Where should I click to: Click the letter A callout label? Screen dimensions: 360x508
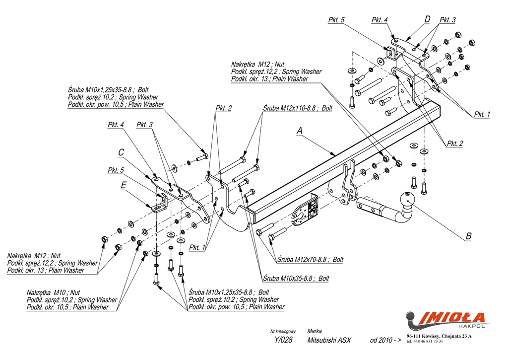point(299,131)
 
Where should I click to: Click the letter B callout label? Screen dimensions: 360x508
point(468,236)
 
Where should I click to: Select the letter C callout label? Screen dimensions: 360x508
point(121,152)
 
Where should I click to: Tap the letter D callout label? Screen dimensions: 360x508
point(427,19)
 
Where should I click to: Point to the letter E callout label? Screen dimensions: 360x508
point(123,186)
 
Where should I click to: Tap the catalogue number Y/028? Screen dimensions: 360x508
point(283,341)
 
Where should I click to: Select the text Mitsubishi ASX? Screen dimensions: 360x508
point(329,341)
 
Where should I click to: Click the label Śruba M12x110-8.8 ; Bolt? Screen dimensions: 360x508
point(297,108)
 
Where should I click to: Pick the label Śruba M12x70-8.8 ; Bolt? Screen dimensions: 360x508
point(310,260)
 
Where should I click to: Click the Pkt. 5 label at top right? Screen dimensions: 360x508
point(336,20)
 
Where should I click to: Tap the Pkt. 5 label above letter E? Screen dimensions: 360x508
point(116,170)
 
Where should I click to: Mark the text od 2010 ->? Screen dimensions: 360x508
point(385,341)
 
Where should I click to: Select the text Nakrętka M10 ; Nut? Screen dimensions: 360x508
point(53,292)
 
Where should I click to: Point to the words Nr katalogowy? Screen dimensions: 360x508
point(283,331)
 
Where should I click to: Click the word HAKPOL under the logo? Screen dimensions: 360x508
point(471,326)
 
